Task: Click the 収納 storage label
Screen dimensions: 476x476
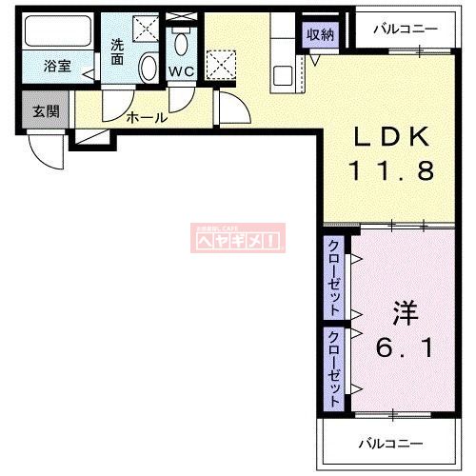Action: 320,34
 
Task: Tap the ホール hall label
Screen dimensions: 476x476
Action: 147,118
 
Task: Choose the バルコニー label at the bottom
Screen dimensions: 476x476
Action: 389,443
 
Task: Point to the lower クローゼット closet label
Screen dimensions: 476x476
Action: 335,369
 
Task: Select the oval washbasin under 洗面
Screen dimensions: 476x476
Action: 149,69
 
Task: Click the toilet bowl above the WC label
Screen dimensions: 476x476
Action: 182,46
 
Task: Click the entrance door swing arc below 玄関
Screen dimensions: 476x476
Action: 45,148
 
